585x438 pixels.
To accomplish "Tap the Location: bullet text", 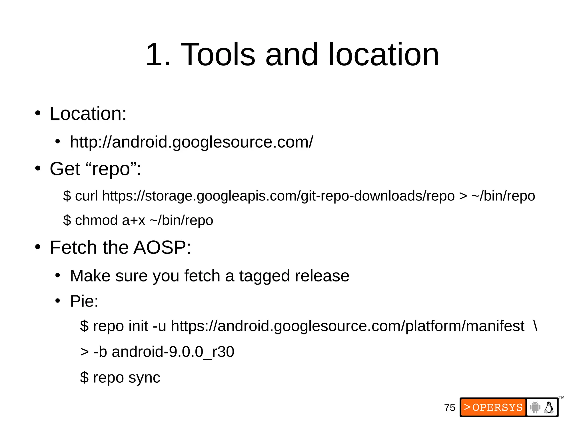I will pos(88,113).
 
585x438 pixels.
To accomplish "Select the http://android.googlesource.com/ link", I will pos(191,142).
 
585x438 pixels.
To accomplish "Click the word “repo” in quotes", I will pos(111,169).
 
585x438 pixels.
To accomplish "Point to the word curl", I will pos(86,196).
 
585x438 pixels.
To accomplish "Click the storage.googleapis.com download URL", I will pos(278,196).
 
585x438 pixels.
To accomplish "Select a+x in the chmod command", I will pos(133,220).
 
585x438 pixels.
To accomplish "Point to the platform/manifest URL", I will pos(347,326).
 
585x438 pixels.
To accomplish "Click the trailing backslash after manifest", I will pos(535,326).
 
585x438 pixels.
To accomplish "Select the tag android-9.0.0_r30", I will pos(173,352).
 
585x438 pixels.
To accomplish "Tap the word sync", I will pos(144,377).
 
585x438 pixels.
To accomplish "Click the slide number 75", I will pos(450,407).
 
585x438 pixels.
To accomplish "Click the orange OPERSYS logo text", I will pos(494,407).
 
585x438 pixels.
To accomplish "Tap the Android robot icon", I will pos(535,407).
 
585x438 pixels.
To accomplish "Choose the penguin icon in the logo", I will pos(549,407).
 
